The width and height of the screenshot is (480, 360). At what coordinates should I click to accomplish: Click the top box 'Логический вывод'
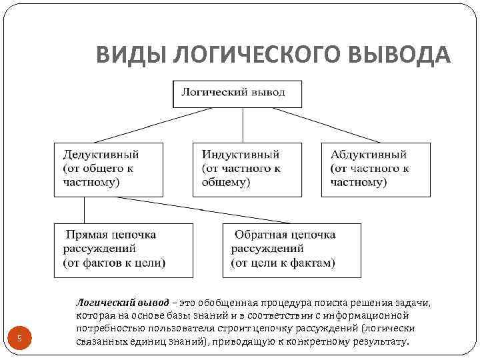click(x=237, y=93)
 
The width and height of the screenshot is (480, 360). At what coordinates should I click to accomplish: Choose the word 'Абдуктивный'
click(x=369, y=154)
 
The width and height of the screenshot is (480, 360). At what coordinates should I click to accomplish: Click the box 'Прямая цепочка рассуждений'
click(x=124, y=249)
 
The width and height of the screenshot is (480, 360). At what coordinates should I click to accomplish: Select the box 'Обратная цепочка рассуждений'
click(x=292, y=249)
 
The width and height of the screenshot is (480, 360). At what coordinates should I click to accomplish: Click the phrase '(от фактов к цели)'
click(x=114, y=263)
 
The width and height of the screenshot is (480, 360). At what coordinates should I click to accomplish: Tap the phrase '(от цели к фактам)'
click(x=283, y=263)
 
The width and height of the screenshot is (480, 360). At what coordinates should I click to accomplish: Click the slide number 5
click(x=19, y=339)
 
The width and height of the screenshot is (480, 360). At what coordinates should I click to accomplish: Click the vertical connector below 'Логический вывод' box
click(x=243, y=124)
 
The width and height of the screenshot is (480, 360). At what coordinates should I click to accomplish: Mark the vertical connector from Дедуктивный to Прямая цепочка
click(x=84, y=210)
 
